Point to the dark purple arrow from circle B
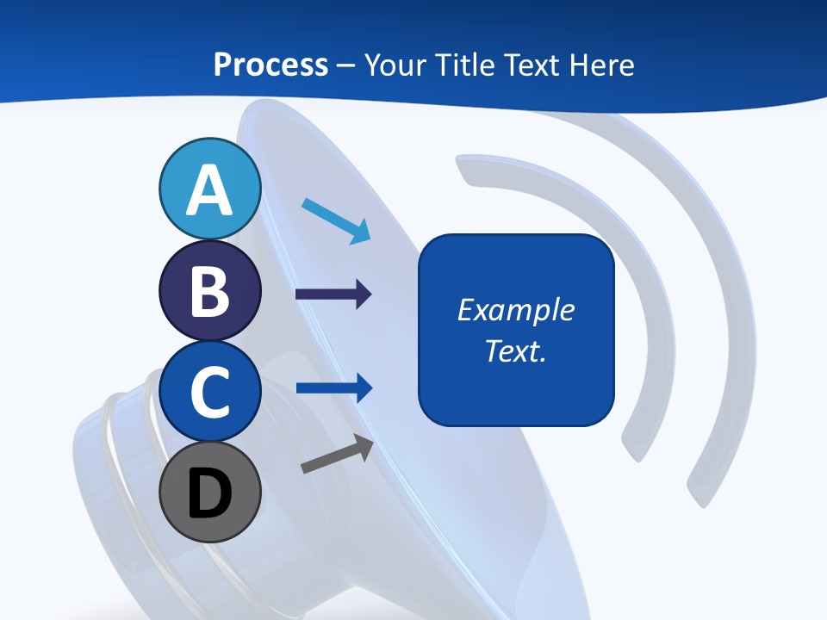pyautogui.click(x=333, y=294)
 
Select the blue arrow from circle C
pyautogui.click(x=333, y=388)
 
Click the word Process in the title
pyautogui.click(x=270, y=65)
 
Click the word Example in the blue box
pyautogui.click(x=516, y=310)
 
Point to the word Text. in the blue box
pyautogui.click(x=516, y=350)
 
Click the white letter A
pyautogui.click(x=209, y=190)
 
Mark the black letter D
pyautogui.click(x=209, y=493)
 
